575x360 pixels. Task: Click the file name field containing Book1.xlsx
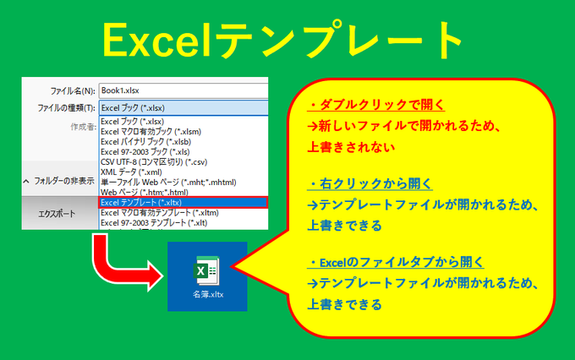click(x=182, y=89)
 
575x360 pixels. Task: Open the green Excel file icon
click(x=206, y=271)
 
